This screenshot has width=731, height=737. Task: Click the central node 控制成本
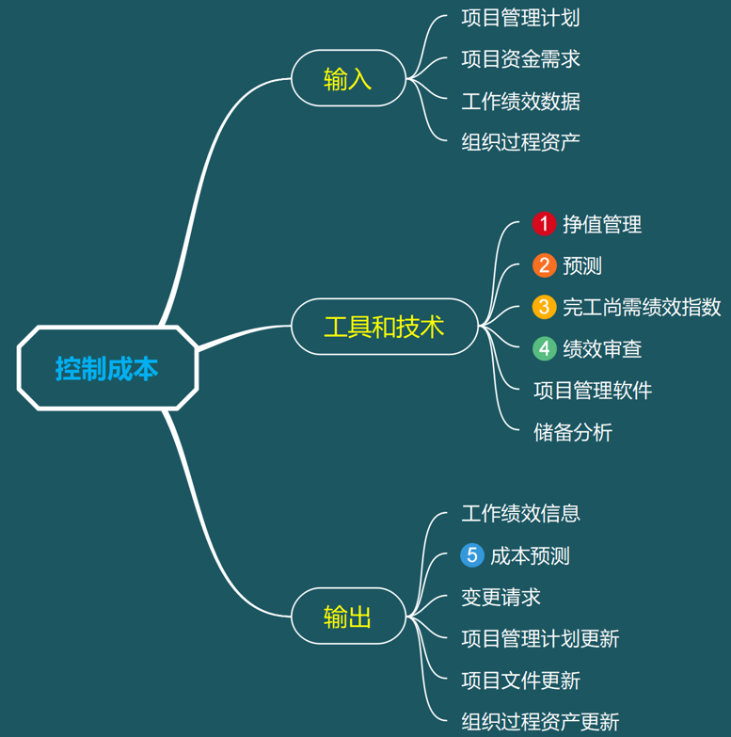tap(106, 368)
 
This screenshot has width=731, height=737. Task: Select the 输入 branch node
tap(347, 78)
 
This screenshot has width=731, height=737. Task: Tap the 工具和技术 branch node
tap(384, 327)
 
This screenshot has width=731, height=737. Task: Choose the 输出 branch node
tap(347, 617)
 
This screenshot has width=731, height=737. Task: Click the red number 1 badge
tap(544, 224)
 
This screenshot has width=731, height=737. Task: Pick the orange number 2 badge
tap(544, 265)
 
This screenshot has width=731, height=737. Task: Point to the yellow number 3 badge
tap(544, 307)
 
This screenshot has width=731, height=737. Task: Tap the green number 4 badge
tap(544, 348)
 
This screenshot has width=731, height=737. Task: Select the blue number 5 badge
tap(472, 555)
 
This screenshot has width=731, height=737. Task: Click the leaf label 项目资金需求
tap(520, 59)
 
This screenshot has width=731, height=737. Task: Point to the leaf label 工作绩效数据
tap(520, 101)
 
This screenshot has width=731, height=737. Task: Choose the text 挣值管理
tap(602, 224)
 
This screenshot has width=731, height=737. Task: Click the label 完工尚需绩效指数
tap(642, 307)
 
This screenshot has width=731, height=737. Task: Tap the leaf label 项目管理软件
tap(592, 390)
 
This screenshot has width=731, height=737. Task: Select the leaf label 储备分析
tap(572, 432)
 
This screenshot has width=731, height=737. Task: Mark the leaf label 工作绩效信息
tap(520, 513)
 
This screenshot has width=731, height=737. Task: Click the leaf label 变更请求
tap(501, 597)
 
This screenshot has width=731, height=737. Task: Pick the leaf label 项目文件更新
tap(520, 680)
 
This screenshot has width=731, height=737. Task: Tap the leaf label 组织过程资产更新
tap(540, 722)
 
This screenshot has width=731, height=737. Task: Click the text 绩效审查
tap(602, 348)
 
